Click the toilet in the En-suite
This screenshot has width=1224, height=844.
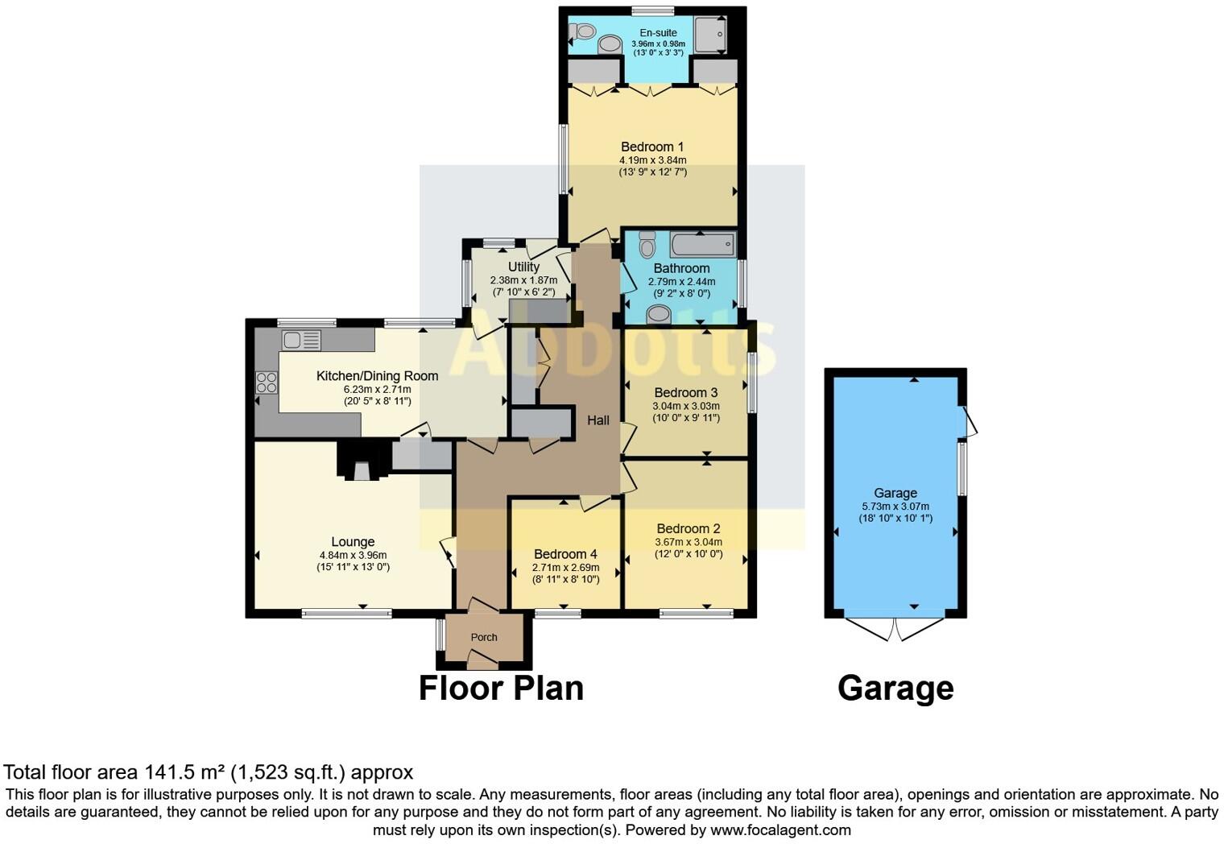click(582, 31)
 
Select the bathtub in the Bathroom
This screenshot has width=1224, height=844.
click(702, 244)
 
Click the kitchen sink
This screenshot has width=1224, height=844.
click(302, 341)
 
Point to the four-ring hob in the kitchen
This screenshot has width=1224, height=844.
click(267, 383)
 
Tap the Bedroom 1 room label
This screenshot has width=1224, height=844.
click(652, 147)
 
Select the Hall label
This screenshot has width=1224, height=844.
click(598, 420)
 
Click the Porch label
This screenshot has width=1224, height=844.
click(484, 637)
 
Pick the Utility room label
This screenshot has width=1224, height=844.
click(523, 267)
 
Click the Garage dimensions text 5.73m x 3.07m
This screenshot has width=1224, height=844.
click(895, 507)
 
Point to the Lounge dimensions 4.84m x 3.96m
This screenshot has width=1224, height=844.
click(353, 555)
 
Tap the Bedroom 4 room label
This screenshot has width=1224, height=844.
click(565, 554)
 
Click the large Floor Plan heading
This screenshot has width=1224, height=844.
click(501, 689)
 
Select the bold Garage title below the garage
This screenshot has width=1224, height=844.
click(895, 689)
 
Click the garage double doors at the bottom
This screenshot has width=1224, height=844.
click(895, 629)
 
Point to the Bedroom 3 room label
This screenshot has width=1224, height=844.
click(685, 393)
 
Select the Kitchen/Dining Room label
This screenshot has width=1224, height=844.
click(377, 376)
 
